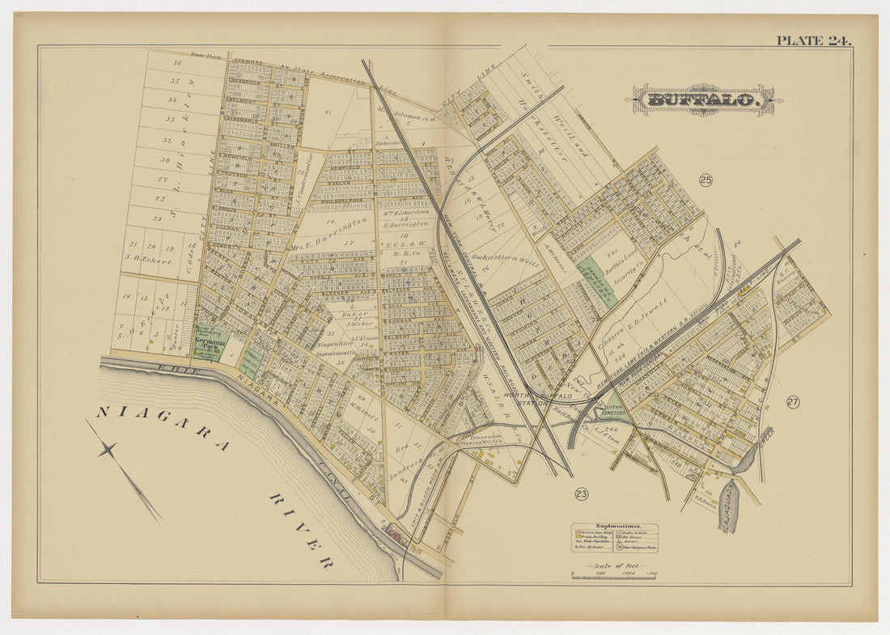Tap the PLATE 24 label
(x=813, y=40)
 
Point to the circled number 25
(x=706, y=180)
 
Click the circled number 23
(x=582, y=493)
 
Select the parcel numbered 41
(x=328, y=112)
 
